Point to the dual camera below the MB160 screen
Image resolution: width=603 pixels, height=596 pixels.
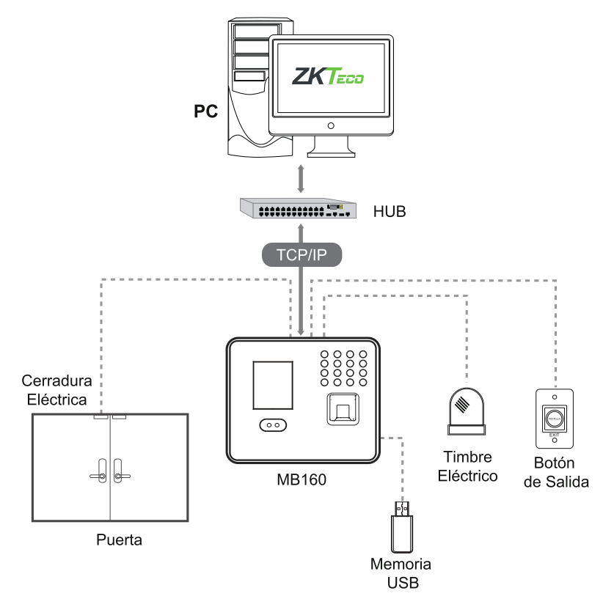[x=273, y=425]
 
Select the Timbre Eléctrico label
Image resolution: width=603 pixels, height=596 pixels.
[x=467, y=466]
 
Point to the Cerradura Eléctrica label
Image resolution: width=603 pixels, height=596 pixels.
[x=55, y=391]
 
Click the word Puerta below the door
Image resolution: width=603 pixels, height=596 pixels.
[x=120, y=542]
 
